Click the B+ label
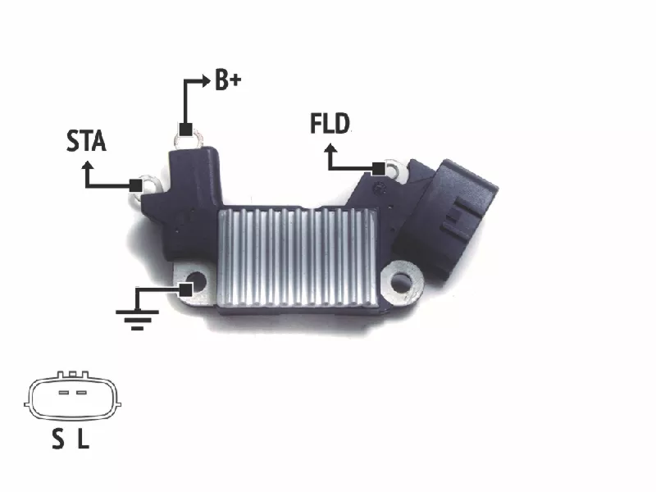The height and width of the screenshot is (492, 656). point(228,80)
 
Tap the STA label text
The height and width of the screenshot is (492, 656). point(86,140)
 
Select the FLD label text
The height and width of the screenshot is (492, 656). point(330,124)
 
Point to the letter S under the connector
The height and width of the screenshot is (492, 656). point(58,440)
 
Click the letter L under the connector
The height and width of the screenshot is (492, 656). point(84,440)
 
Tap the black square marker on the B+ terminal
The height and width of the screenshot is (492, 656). point(185,130)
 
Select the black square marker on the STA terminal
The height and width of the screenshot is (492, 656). point(135,186)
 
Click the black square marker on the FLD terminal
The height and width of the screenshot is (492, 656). point(378,169)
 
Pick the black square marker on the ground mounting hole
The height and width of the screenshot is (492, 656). point(186,289)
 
